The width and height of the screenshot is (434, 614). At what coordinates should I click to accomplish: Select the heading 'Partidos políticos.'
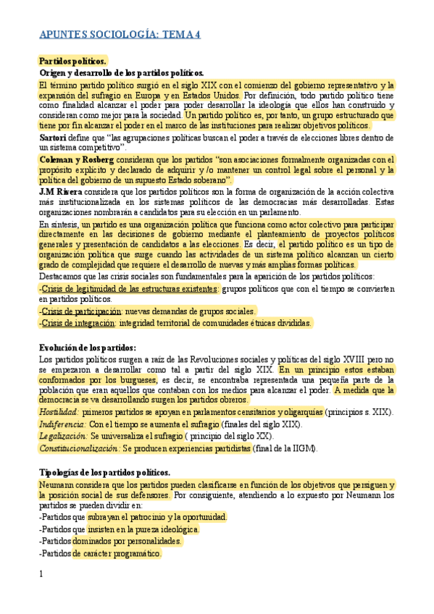click(72, 62)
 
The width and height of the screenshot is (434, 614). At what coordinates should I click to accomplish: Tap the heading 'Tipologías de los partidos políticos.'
click(104, 472)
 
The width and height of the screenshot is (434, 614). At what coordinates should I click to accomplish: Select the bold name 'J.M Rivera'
click(62, 191)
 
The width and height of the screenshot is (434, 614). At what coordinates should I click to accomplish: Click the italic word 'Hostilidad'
click(59, 412)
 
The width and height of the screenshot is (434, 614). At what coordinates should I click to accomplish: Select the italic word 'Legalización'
click(62, 436)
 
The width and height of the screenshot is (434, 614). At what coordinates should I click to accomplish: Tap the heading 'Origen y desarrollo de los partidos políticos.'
click(122, 73)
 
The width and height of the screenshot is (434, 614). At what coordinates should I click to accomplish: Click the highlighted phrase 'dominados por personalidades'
click(127, 541)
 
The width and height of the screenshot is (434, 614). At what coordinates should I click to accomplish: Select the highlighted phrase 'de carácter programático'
click(117, 553)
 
